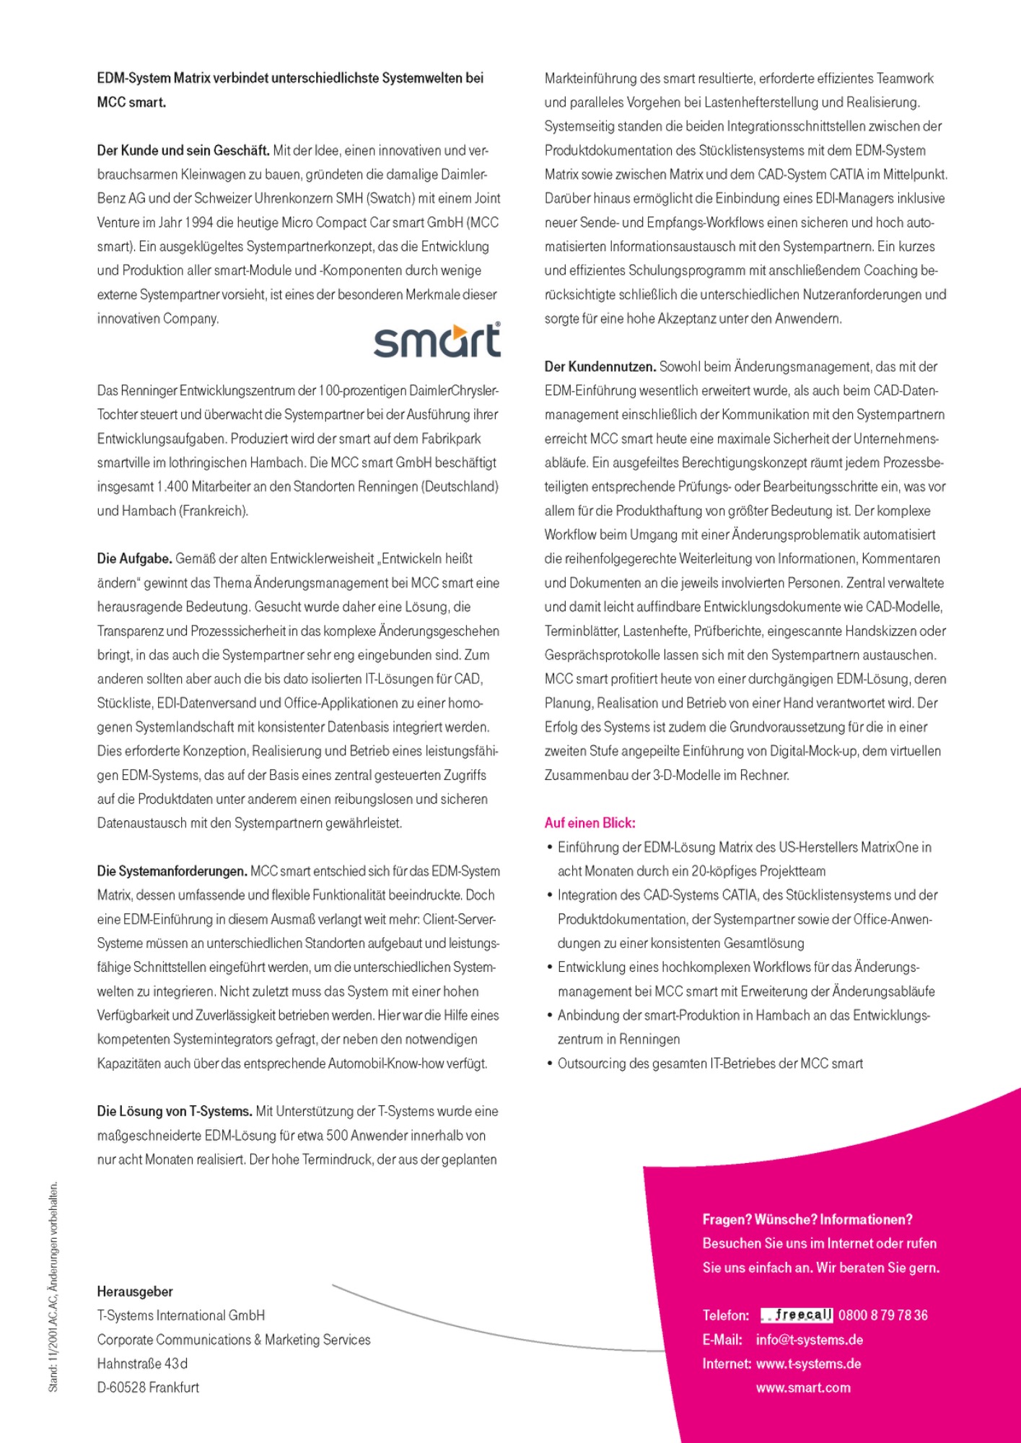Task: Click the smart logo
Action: coord(437,340)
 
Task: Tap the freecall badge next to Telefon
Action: coord(797,1315)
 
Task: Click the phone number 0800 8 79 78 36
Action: coord(883,1315)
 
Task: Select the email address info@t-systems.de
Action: coord(810,1340)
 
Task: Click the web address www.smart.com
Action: coord(803,1387)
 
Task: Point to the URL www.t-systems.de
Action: coord(808,1364)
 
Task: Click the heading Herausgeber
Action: coord(135,1291)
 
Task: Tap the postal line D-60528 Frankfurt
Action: coord(148,1387)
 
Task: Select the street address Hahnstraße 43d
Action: coord(142,1364)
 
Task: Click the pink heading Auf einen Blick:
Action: coord(590,823)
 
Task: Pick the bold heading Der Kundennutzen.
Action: coord(600,367)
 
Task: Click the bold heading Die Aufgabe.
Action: coord(134,558)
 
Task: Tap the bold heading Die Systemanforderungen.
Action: coord(172,871)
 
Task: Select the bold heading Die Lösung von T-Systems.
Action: coord(174,1111)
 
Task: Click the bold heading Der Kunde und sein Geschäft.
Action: coord(183,151)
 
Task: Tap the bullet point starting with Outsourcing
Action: coord(709,1063)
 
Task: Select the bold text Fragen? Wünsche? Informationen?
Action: coord(807,1219)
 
